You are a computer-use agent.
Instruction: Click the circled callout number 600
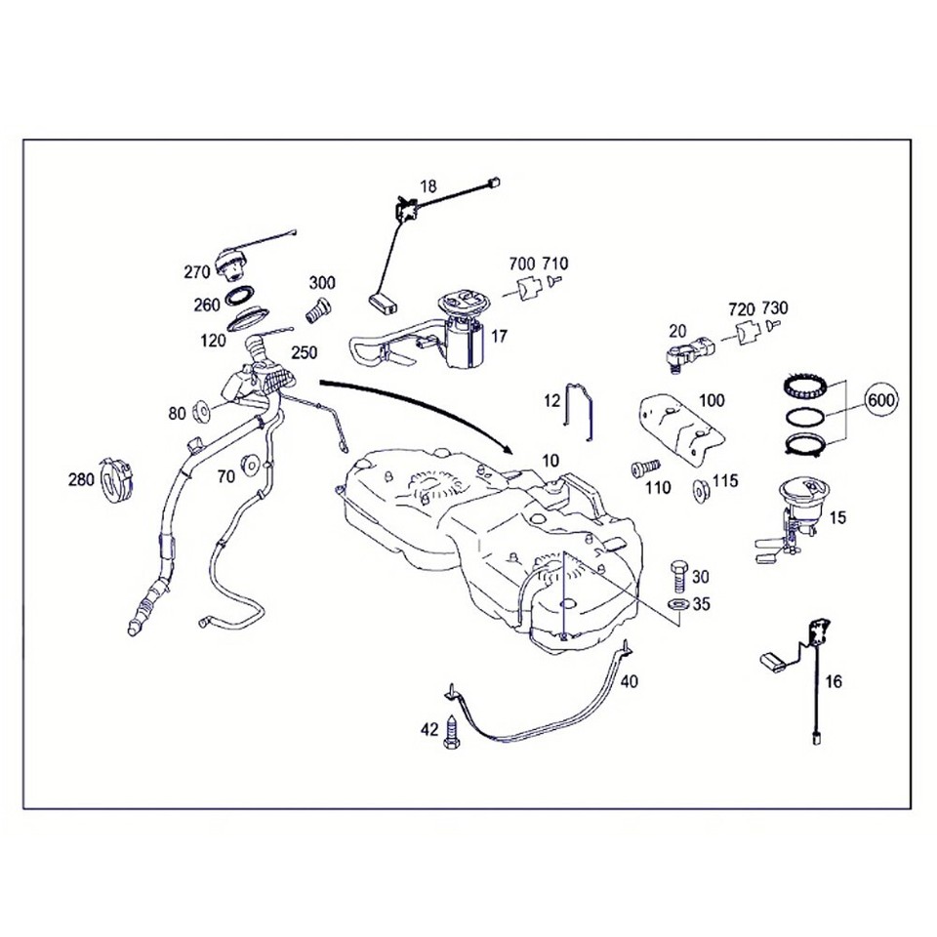tap(881, 399)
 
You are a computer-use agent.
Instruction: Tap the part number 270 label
tap(198, 272)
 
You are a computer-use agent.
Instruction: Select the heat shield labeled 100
tap(682, 425)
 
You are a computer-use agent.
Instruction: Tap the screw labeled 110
tap(643, 468)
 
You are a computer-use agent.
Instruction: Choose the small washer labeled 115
tap(700, 488)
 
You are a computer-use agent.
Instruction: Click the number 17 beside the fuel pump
tap(499, 337)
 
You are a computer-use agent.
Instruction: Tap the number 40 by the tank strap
tap(629, 681)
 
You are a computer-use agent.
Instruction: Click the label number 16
tap(834, 681)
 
